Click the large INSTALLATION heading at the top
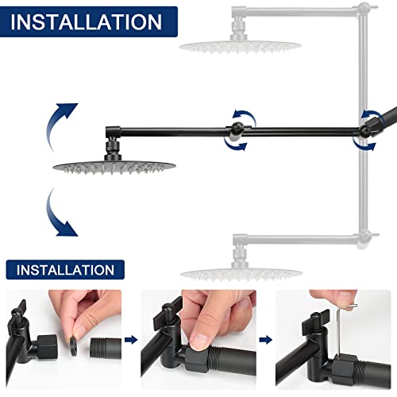pyautogui.click(x=85, y=22)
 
